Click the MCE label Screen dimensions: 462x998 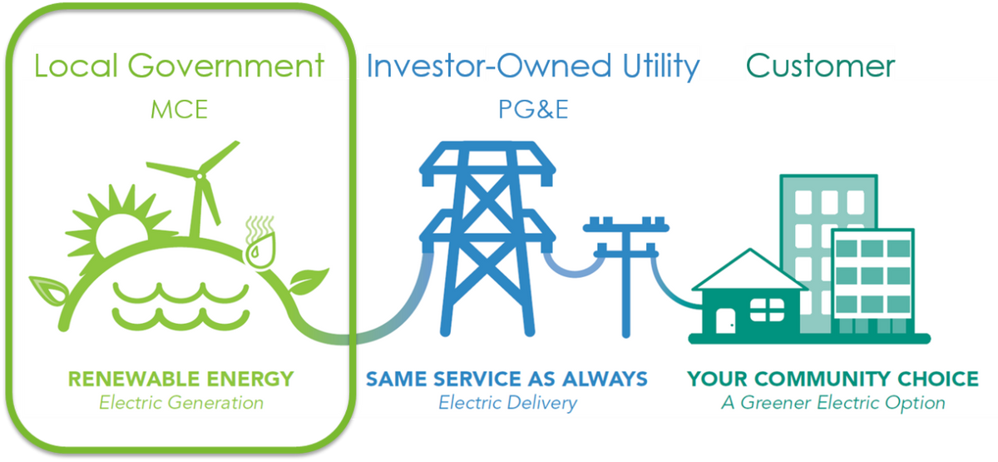179,109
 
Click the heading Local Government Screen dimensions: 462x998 179,66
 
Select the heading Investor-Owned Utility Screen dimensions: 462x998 533,66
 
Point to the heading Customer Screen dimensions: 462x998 822,66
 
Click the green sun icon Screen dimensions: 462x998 121,226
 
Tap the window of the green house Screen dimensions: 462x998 762,310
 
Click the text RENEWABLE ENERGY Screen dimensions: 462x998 180,380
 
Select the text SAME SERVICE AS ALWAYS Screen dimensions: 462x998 506,380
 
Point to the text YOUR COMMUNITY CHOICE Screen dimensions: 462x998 832,380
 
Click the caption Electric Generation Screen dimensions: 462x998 180,403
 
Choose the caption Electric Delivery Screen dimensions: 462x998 507,403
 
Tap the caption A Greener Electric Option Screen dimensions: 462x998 832,403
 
